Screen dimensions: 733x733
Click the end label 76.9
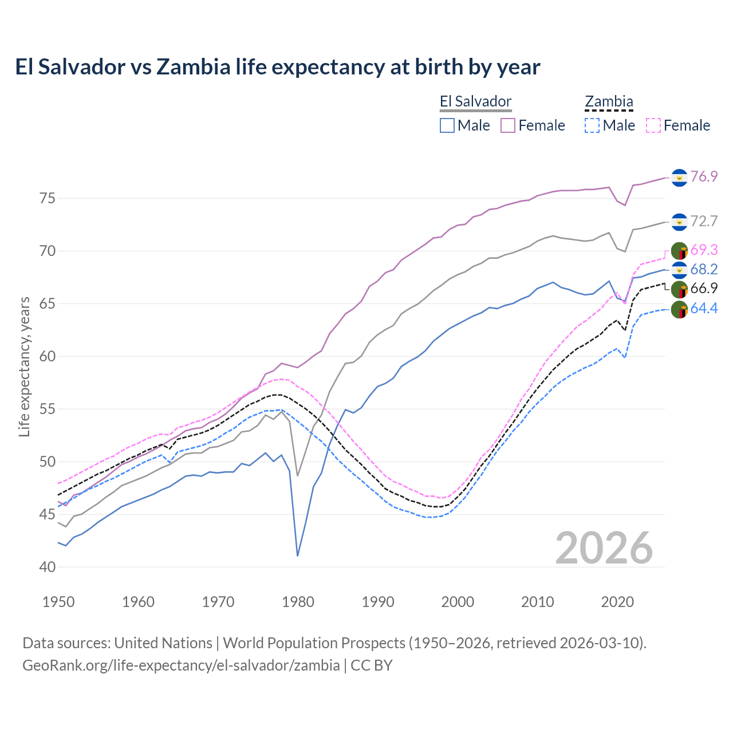tap(704, 176)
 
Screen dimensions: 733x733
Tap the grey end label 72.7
tap(704, 221)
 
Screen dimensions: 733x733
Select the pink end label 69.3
tap(704, 250)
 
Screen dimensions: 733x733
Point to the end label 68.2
tap(704, 269)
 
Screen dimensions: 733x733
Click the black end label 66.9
tap(704, 288)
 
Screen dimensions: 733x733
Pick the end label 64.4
tap(704, 308)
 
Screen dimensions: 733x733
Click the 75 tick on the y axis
tap(47, 198)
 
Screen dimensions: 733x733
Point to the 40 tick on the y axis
tap(47, 567)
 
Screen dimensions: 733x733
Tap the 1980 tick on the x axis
tap(298, 602)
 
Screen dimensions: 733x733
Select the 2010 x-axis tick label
tap(537, 602)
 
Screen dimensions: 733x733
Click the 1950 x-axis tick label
tap(58, 602)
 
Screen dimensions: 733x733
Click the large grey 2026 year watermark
tap(604, 548)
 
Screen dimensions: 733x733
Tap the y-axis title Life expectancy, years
tap(24, 366)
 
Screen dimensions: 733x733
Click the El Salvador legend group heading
tap(475, 102)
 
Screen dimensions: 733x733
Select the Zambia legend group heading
tap(609, 102)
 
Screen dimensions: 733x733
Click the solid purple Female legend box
tap(508, 125)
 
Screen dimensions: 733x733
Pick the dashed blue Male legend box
tap(592, 125)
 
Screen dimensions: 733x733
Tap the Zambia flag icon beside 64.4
tap(679, 309)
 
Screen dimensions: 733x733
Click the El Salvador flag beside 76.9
tap(679, 178)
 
